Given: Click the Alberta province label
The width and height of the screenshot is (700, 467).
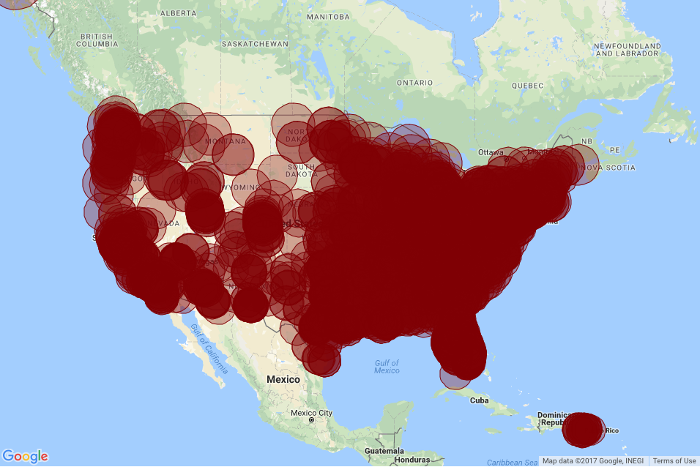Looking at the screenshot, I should click(178, 13).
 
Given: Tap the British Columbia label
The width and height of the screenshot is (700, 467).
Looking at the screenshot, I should click(97, 40).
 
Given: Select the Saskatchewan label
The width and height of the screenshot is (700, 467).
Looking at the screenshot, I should click(255, 44).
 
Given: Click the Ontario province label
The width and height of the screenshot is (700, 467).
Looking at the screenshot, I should click(415, 83).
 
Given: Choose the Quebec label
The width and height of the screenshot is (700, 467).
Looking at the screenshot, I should click(528, 85).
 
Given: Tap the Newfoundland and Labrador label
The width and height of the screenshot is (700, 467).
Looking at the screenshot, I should click(628, 50).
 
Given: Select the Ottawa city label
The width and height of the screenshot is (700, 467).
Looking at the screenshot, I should click(491, 152).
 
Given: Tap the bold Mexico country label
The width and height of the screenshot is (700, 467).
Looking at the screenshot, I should click(283, 379).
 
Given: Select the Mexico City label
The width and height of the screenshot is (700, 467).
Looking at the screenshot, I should click(311, 413).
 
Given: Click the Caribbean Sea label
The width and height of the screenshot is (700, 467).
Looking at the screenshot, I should click(512, 462).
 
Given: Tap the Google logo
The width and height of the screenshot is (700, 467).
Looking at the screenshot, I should click(25, 456).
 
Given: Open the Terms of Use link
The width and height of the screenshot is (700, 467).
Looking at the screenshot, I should click(674, 460).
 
